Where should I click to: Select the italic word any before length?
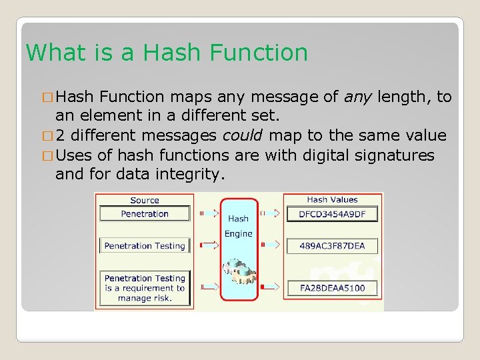pos(358,98)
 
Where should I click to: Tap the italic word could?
pos(243,136)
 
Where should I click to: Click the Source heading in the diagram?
pos(145,200)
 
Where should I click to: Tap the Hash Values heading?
pos(332,199)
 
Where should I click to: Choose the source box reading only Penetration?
pos(145,214)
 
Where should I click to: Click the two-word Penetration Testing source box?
pos(145,246)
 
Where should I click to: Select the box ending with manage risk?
pos(145,288)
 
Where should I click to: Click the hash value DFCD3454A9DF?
pos(332,214)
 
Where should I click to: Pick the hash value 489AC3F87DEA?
pos(332,246)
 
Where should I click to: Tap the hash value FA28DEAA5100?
pos(332,288)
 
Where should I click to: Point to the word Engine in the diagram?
pos(238,233)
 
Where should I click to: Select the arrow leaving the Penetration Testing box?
pos(208,245)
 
